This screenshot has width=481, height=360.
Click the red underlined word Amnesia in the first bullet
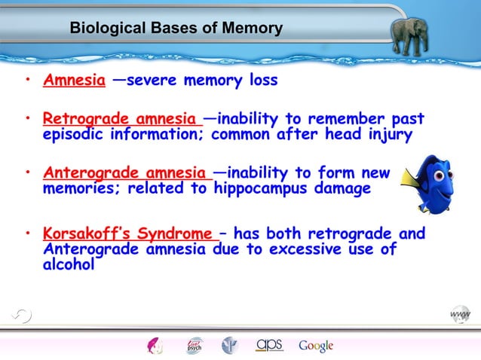[x=74, y=81]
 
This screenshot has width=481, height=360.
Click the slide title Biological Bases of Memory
[x=176, y=29]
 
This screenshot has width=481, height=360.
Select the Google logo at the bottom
[x=316, y=346]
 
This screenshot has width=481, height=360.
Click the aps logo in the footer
[x=269, y=345]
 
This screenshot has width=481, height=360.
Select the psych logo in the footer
[x=195, y=346]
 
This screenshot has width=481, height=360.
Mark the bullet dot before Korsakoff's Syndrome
[x=26, y=235]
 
